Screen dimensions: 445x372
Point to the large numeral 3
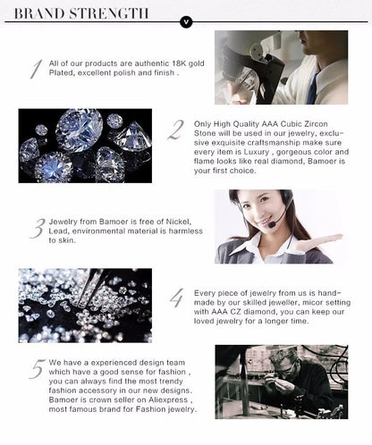(37, 229)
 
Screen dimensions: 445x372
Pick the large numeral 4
(176, 298)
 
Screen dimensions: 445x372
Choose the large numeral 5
(37, 368)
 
